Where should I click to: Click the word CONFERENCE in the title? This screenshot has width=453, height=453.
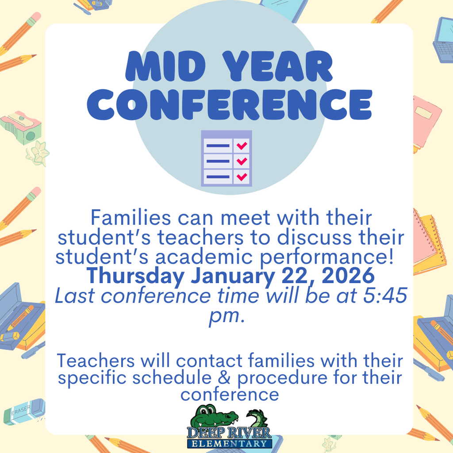coord(229,105)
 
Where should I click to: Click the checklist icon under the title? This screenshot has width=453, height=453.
coord(226,158)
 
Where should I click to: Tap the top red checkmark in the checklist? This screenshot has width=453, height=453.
coord(242,146)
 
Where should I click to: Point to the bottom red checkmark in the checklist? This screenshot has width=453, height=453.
coord(242,177)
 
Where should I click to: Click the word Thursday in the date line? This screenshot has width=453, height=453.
coord(135,276)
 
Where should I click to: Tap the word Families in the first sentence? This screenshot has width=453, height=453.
coord(128,218)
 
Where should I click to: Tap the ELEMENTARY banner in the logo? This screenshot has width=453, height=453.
coord(229,443)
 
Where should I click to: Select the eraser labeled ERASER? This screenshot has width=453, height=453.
coord(24,411)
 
